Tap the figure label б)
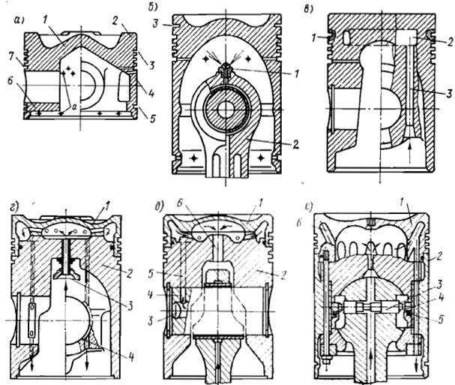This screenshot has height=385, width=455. (x=163, y=9)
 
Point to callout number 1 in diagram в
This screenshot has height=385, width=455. (x=316, y=36)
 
